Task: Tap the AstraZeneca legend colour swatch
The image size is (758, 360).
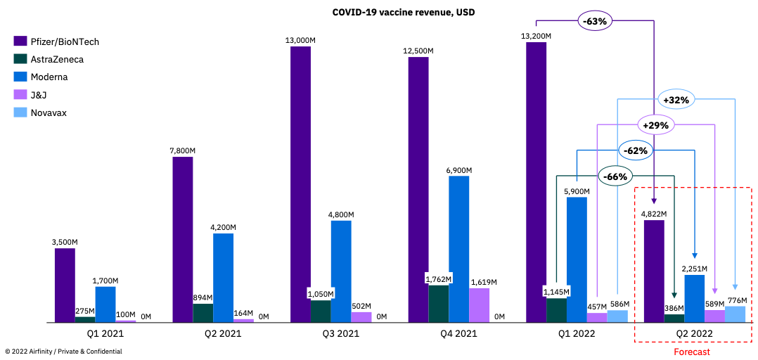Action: point(20,59)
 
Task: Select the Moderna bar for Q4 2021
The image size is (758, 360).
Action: point(459,249)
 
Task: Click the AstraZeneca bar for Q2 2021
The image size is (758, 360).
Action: point(203,313)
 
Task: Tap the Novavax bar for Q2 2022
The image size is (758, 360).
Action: point(735,314)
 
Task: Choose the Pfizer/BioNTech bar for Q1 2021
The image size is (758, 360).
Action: point(65,285)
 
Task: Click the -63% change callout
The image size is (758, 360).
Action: point(594,21)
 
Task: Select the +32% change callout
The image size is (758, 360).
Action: point(676,100)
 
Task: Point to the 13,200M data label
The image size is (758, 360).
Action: point(537,35)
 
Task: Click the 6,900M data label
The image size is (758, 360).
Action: point(458,170)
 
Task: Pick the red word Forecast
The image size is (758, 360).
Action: point(692,352)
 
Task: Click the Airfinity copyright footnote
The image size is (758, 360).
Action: point(63,351)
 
